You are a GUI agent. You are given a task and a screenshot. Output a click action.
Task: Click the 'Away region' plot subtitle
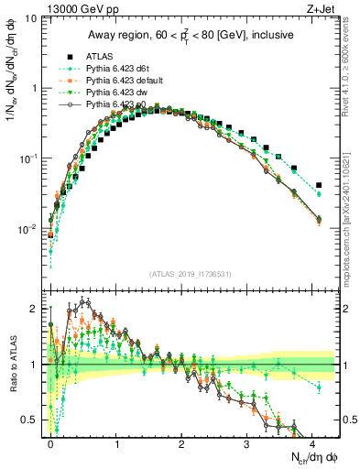[191, 36]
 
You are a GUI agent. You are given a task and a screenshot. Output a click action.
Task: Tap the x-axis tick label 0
[50, 443]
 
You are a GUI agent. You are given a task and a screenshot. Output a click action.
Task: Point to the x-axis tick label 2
[181, 443]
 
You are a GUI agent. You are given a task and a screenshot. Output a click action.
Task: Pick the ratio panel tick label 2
[34, 309]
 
